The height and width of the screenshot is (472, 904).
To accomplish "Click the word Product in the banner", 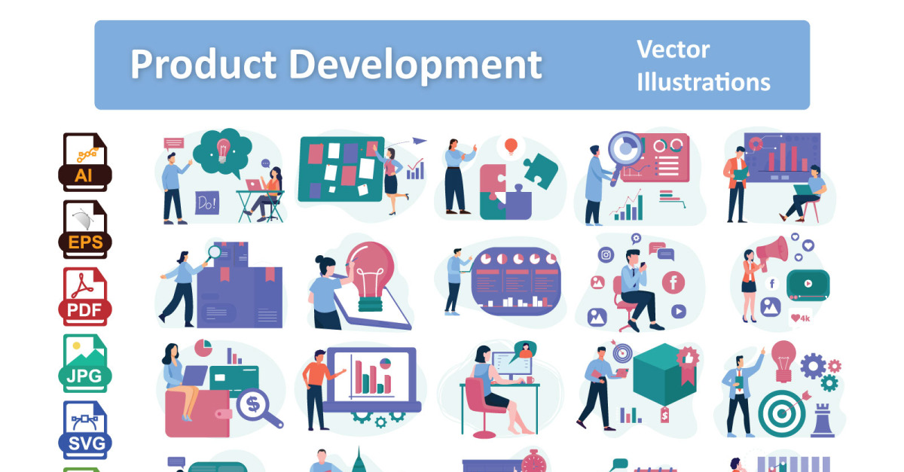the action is pos(203,64).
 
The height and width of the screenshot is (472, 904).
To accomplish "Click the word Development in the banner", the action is pos(416,65).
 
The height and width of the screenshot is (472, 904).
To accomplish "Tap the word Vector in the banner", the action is pos(673,50).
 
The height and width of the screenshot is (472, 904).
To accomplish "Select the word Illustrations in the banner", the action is pos(704,82).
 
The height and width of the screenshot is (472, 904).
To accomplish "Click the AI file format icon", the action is pos(84,162).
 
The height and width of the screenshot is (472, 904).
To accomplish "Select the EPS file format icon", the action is pos(84,229).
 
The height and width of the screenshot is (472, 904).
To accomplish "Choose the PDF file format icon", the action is pos(84,297).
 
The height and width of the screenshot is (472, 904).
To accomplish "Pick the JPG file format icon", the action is pos(84,364).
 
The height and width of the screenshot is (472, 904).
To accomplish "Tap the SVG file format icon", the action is pos(84,430).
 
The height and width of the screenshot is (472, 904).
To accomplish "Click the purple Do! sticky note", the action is pos(207,203).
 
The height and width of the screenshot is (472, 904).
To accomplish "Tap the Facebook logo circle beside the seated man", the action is pos(673,282).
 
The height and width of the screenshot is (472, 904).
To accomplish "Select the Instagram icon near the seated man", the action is pos(606,255).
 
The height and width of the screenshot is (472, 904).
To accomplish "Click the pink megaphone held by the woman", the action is pos(772,252).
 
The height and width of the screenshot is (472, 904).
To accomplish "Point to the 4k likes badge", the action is pos(800,318).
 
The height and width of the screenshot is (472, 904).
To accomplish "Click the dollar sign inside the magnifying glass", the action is pos(253,404).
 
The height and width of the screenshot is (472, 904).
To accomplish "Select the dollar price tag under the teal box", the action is pos(664,415).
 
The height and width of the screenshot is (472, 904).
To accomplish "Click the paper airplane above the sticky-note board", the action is pos(420,141).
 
